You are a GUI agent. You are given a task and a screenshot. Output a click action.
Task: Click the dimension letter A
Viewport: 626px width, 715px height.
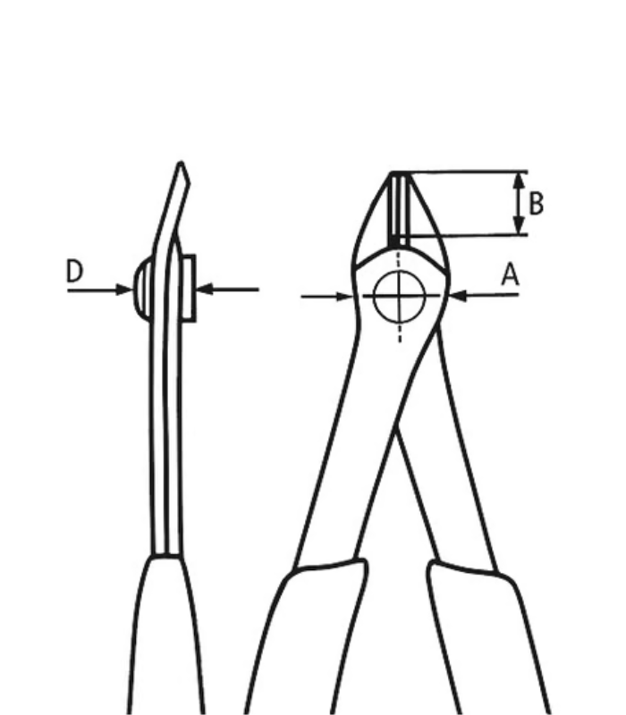[x=510, y=275]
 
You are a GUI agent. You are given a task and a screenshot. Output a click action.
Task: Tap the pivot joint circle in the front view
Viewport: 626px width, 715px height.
[x=399, y=298]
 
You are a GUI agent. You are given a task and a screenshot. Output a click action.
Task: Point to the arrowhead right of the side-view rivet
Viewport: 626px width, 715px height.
[x=202, y=289]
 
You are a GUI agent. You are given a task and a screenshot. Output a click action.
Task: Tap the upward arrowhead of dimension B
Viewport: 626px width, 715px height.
[x=517, y=179]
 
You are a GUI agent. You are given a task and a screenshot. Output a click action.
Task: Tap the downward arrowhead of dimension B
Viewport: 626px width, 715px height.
[x=517, y=228]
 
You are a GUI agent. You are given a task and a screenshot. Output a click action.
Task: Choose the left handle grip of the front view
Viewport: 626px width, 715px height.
[x=309, y=635]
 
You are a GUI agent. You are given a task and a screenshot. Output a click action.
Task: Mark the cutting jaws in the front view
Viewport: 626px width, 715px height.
[x=401, y=210]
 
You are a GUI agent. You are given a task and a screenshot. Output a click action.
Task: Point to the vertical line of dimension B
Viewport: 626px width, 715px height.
[x=517, y=204]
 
